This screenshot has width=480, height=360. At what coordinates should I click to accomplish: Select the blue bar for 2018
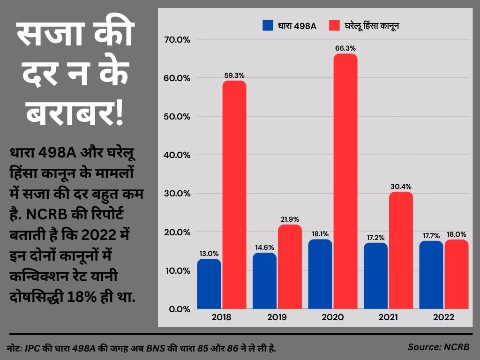pyautogui.click(x=209, y=284)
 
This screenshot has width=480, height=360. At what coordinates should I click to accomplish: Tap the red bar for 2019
pyautogui.click(x=290, y=267)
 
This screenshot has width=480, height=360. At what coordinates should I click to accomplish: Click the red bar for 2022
pyautogui.click(x=457, y=274)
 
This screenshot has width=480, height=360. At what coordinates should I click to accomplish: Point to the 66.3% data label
pyautogui.click(x=345, y=48)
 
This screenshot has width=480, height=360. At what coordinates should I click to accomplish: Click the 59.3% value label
pyautogui.click(x=234, y=75)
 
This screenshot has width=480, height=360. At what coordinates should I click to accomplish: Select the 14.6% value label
pyautogui.click(x=264, y=247)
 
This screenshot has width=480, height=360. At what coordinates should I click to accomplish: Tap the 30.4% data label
pyautogui.click(x=401, y=186)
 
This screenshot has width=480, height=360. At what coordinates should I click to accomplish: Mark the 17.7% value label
pyautogui.click(x=431, y=235)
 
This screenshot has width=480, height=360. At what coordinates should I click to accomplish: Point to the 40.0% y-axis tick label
pyautogui.click(x=177, y=155)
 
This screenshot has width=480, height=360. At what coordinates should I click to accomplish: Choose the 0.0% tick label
pyautogui.click(x=179, y=309)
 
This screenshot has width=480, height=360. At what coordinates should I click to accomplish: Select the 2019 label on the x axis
pyautogui.click(x=277, y=317)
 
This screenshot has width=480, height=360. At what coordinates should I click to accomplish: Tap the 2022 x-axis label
pyautogui.click(x=443, y=317)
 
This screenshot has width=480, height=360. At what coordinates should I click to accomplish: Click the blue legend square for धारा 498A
pyautogui.click(x=268, y=25)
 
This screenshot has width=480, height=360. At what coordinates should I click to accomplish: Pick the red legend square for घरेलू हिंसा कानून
pyautogui.click(x=334, y=25)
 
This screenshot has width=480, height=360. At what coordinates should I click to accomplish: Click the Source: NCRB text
pyautogui.click(x=438, y=347)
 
